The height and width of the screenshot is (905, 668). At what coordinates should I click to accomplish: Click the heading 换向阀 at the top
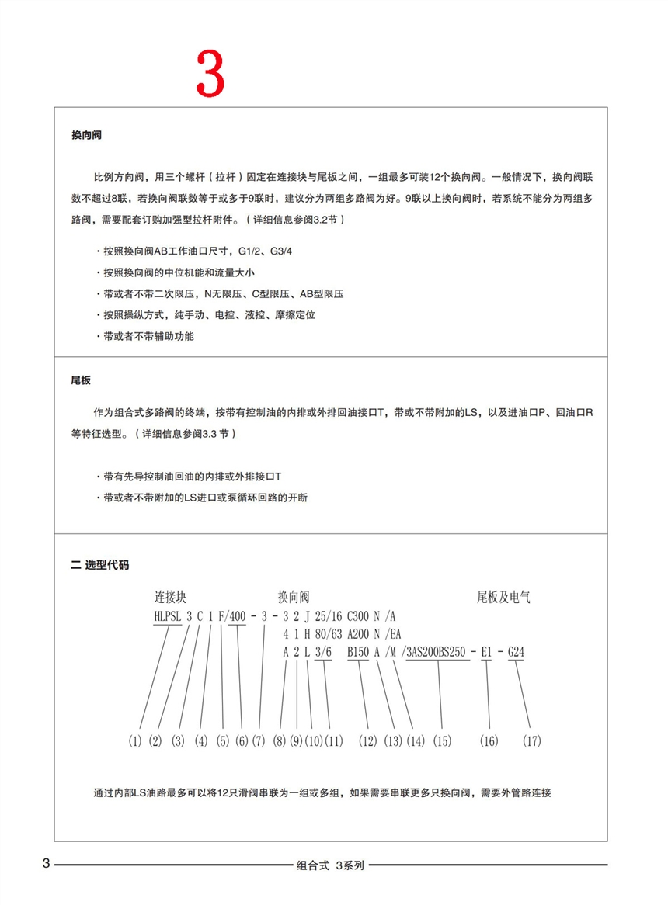(x=86, y=135)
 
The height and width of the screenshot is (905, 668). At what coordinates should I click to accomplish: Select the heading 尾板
(x=81, y=381)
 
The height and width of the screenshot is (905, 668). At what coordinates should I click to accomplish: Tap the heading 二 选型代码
(x=99, y=565)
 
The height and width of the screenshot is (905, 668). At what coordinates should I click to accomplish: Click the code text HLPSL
(x=169, y=616)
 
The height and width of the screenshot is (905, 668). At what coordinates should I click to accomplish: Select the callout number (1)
(x=135, y=741)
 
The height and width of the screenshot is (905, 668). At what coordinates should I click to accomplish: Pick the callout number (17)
(x=531, y=741)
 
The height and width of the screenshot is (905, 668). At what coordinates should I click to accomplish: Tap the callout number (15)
(x=442, y=741)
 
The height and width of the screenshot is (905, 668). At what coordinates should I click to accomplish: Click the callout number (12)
(x=367, y=741)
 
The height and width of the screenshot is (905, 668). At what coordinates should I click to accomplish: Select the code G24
(x=516, y=653)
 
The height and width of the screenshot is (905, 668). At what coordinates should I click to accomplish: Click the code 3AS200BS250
(x=437, y=653)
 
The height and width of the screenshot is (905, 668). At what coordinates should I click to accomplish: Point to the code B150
(x=358, y=653)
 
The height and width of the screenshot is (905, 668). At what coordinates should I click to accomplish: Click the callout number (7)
(x=259, y=741)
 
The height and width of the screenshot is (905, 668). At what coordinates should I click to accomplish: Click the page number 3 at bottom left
(x=46, y=864)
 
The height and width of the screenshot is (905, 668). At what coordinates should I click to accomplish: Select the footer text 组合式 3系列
(x=331, y=865)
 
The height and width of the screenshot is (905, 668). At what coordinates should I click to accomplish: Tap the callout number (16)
(x=489, y=741)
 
